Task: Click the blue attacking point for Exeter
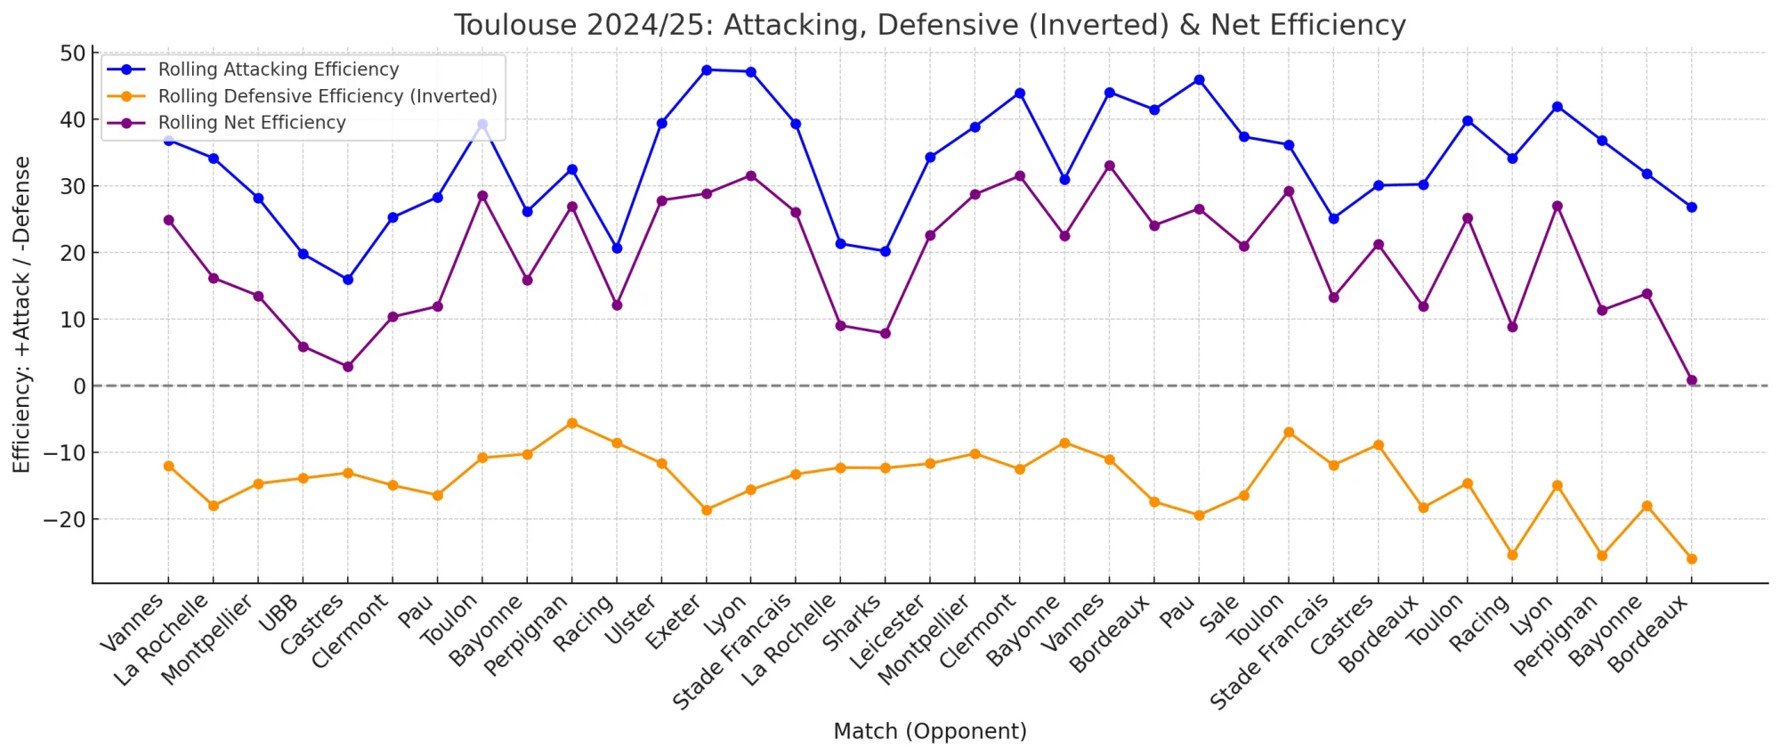coord(706,69)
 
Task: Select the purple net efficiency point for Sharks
coord(885,333)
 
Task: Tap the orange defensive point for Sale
coord(1243,495)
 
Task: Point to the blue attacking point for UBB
coord(303,254)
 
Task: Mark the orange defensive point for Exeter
coord(706,510)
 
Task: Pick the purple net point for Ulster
coord(661,200)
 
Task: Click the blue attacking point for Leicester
coord(930,157)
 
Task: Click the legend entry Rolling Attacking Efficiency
coord(278,69)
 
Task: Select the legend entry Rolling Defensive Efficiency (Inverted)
coord(327,96)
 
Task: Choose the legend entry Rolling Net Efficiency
coord(251,123)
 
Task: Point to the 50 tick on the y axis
coord(73,53)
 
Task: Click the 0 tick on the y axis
coord(79,386)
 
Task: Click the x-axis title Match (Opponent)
coord(929,731)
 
